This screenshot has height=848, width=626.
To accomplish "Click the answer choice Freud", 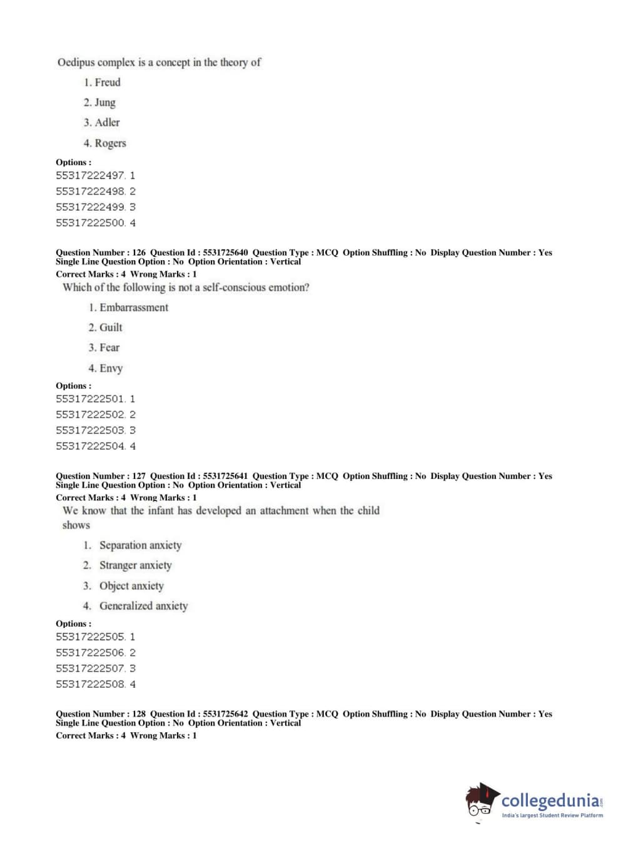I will (x=107, y=83).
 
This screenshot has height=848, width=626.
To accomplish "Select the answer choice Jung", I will (x=104, y=103).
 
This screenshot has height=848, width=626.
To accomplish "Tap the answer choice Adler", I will (x=107, y=123).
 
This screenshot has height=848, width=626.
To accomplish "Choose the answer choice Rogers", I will (x=110, y=143).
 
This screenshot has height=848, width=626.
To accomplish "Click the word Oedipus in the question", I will (x=78, y=63).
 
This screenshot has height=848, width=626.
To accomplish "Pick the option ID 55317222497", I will (x=91, y=176).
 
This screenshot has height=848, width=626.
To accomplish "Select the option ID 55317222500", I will (x=91, y=223).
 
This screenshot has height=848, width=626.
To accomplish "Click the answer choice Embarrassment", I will (x=134, y=308).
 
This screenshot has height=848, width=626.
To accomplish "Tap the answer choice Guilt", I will (x=111, y=328).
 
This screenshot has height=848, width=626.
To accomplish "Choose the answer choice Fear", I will (x=109, y=348).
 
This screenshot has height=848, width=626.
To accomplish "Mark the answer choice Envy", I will (x=111, y=368).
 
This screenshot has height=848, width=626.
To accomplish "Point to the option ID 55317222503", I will (x=91, y=430).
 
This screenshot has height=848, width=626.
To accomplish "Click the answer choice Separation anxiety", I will (x=140, y=545).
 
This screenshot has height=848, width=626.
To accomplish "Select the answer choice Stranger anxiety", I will (x=135, y=565).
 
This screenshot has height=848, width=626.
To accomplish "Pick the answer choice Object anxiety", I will (x=131, y=586).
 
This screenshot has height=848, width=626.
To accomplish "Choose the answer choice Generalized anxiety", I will (x=143, y=606).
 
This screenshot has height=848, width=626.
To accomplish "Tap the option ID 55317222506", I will (x=91, y=652).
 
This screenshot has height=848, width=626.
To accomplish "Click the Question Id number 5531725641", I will (x=225, y=476).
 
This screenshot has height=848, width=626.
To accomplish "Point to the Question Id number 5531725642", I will (x=225, y=714).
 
